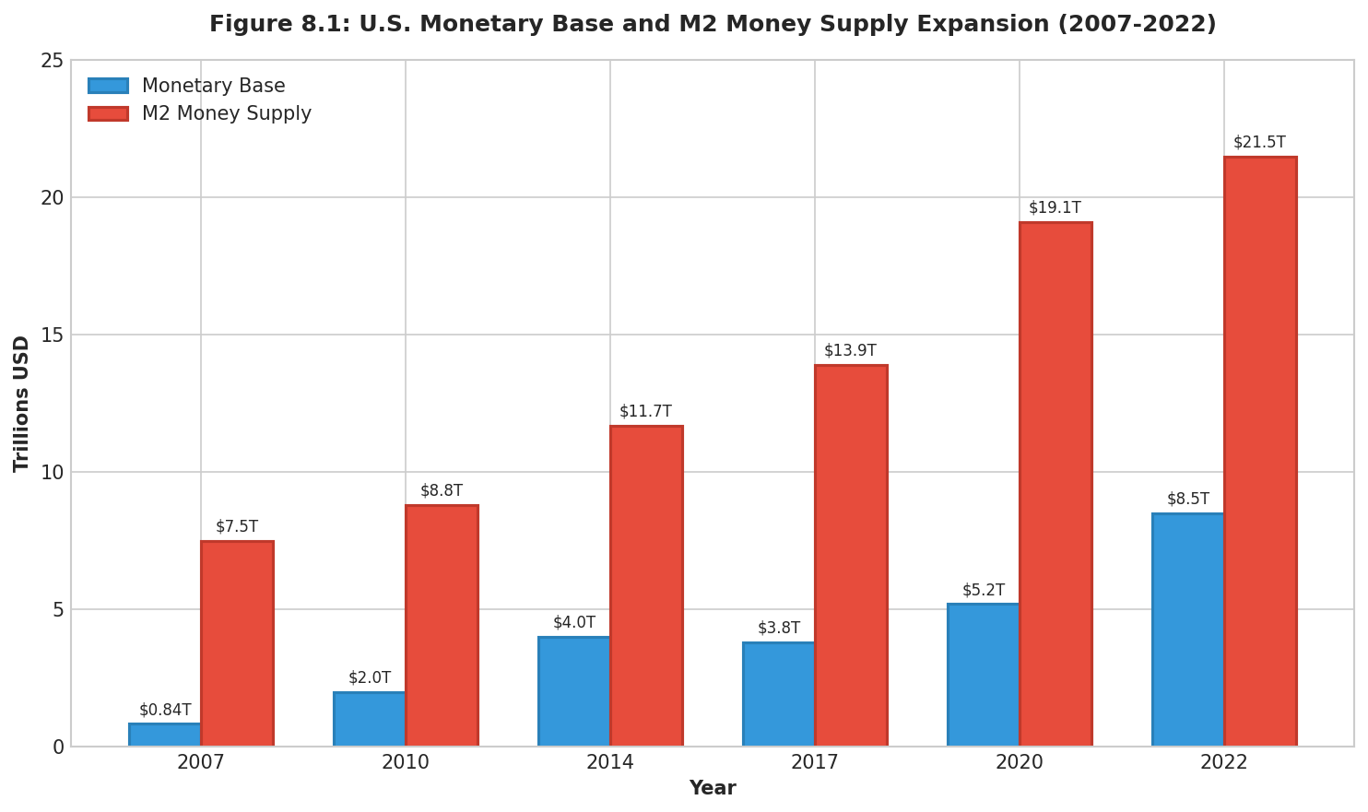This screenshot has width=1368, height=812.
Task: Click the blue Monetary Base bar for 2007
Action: point(165,735)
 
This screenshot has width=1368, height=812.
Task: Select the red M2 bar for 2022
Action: point(1260,452)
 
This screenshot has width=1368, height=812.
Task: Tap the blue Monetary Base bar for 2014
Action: point(574,691)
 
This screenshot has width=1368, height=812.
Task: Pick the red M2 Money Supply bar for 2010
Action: point(442,626)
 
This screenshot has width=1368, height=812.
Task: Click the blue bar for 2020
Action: point(984,675)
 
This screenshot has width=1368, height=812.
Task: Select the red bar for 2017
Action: point(851,556)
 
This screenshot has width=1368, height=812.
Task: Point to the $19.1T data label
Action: point(1055,208)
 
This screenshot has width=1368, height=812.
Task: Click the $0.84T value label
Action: point(165,711)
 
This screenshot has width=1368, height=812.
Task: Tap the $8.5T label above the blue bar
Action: point(1187,500)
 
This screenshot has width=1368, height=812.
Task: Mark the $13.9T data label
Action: point(850,351)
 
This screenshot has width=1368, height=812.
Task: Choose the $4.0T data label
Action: point(574,623)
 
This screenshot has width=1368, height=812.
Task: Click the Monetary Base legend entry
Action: point(213,87)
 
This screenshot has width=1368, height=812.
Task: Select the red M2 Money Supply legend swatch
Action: point(108,114)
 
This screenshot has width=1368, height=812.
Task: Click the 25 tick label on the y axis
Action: point(52,61)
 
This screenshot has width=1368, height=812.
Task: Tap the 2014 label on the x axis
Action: point(610,763)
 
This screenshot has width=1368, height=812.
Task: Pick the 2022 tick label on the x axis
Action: point(1223,763)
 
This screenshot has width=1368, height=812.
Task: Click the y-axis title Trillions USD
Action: point(22,404)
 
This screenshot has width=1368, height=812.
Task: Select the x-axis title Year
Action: point(712,789)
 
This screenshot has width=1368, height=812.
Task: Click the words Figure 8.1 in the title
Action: point(265,25)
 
